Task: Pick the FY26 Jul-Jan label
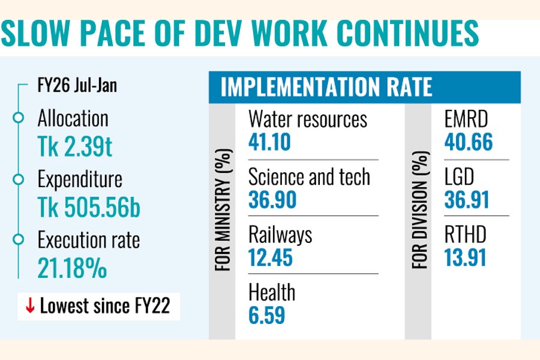tap(76, 86)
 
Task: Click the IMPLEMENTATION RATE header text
tap(326, 88)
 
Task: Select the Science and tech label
tap(309, 177)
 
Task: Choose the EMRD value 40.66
tap(468, 142)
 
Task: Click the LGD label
tap(459, 177)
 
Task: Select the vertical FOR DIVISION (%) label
tap(421, 211)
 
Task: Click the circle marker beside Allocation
tap(19, 118)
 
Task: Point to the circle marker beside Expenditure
tap(19, 179)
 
